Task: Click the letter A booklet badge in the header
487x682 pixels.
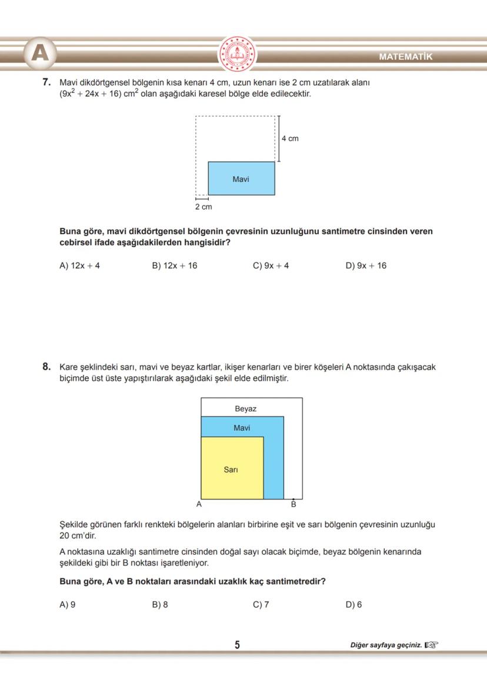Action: pos(40,54)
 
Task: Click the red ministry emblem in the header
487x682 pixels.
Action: pos(238,54)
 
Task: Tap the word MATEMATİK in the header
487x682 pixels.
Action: pos(405,57)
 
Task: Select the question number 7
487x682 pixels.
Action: pos(47,83)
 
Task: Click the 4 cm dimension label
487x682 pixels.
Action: pos(289,138)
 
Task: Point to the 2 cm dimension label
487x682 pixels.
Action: pos(204,207)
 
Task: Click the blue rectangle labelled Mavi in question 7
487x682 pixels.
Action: pos(241,178)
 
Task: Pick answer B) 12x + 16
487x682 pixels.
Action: pos(175,265)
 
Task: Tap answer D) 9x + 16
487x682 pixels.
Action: pos(366,265)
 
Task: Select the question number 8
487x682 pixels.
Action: pos(47,367)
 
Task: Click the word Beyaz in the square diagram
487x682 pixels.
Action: pos(245,408)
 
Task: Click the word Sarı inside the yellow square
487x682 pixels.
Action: pos(231,470)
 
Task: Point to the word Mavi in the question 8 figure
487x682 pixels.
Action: pos(242,428)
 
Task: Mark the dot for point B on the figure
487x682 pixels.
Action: pos(293,499)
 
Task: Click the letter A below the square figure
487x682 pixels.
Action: pos(199,504)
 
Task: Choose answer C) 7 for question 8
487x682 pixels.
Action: pos(261,604)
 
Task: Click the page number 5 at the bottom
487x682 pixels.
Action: pos(237,645)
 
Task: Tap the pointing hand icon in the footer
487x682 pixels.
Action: pos(432,645)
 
